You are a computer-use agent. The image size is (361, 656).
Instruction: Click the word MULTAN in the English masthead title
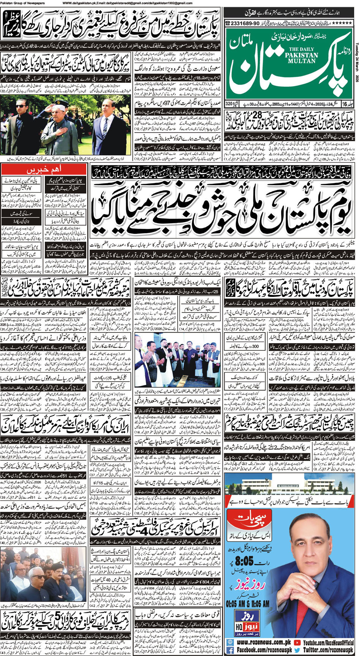tap(302, 61)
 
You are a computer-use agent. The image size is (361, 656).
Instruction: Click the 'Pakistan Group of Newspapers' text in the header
tap(22, 3)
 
